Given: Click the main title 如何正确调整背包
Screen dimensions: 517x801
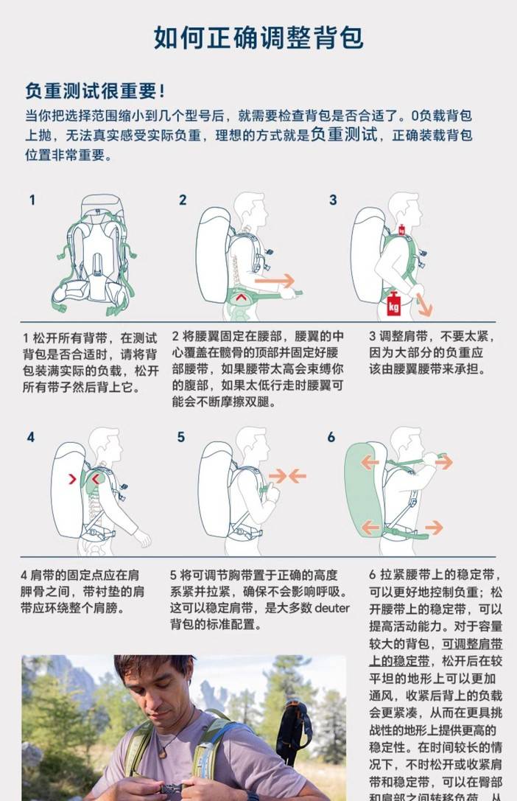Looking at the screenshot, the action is pyautogui.click(x=258, y=38).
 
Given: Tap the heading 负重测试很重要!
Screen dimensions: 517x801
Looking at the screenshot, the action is pyautogui.click(x=95, y=91).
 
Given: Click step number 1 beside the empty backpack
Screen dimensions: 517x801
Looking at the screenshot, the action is pyautogui.click(x=32, y=200).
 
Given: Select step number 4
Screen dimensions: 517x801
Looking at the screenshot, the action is pyautogui.click(x=31, y=437).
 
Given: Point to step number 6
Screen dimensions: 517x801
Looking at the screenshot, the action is pyautogui.click(x=331, y=437).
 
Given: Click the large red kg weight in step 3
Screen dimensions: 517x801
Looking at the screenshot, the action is pyautogui.click(x=393, y=304).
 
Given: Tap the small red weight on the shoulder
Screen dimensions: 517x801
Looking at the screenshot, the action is pyautogui.click(x=402, y=230).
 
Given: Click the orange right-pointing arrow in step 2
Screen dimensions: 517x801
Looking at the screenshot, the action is pyautogui.click(x=275, y=281).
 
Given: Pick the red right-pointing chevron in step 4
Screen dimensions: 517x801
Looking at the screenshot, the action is pyautogui.click(x=72, y=479).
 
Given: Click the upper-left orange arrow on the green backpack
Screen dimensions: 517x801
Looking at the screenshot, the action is pyautogui.click(x=370, y=462).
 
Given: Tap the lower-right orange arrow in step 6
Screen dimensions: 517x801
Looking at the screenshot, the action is pyautogui.click(x=434, y=527).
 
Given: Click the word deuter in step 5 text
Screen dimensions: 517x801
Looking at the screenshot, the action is pyautogui.click(x=331, y=608).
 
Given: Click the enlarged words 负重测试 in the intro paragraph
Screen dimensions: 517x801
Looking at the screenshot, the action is pyautogui.click(x=345, y=134).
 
